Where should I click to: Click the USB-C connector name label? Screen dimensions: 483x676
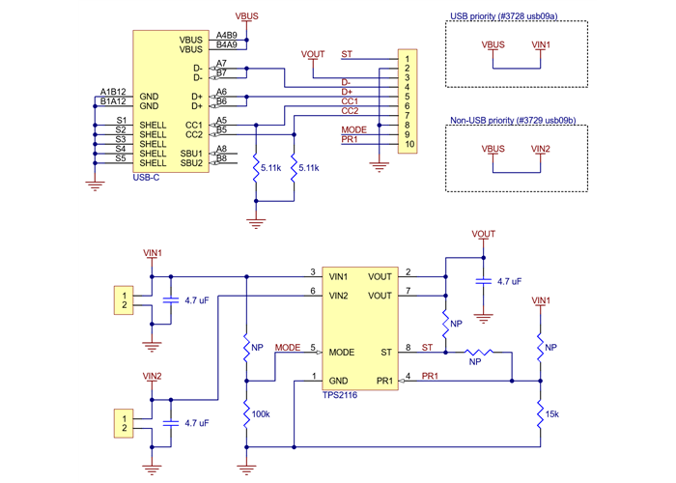(x=148, y=176)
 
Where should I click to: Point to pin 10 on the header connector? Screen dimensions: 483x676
(x=409, y=144)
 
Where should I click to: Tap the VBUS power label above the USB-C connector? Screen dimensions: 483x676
(x=247, y=16)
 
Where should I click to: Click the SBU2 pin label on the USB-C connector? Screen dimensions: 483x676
(x=190, y=163)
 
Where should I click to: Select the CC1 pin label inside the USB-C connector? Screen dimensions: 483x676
(x=193, y=126)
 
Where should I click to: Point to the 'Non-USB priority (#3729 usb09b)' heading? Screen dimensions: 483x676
(x=513, y=120)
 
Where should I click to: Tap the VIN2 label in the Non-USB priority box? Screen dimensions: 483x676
(x=541, y=149)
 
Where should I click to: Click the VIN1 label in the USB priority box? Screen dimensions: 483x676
(x=541, y=44)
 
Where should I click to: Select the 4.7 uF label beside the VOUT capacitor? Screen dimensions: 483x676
(x=509, y=281)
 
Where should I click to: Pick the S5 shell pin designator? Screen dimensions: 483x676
(x=121, y=157)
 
